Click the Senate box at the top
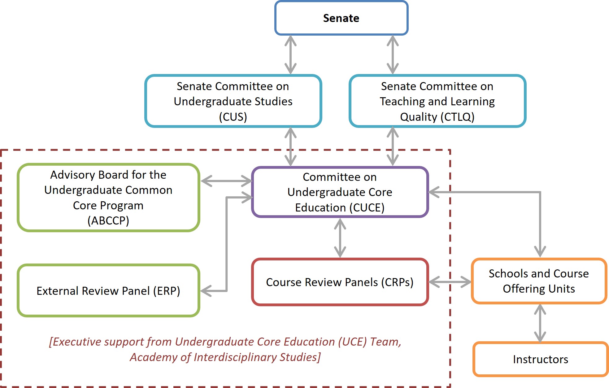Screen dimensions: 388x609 341,18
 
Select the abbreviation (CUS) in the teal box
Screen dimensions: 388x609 233,117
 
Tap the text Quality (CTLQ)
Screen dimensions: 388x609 437,117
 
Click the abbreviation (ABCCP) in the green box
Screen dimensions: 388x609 108,221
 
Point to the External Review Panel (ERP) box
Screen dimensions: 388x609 108,290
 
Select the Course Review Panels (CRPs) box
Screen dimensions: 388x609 340,282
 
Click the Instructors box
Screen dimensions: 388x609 540,359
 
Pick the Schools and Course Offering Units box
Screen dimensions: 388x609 539,281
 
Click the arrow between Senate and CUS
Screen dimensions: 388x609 290,55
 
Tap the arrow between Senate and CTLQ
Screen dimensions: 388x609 393,55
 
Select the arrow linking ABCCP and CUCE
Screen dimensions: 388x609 226,181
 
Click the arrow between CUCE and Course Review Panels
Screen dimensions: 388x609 340,238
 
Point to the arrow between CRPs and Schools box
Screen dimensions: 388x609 450,282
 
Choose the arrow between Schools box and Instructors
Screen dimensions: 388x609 540,323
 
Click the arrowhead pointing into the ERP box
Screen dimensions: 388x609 206,291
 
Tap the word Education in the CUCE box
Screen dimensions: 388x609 320,207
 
